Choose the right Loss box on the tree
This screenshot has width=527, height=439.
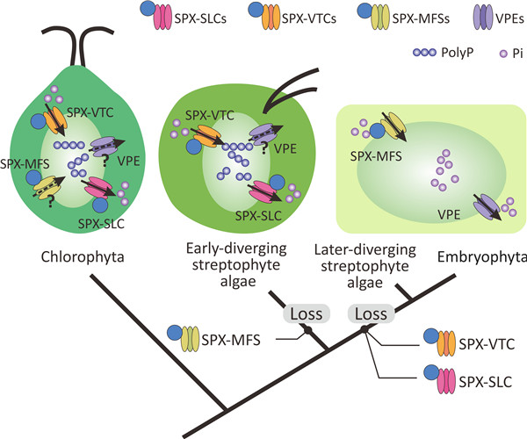369,313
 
